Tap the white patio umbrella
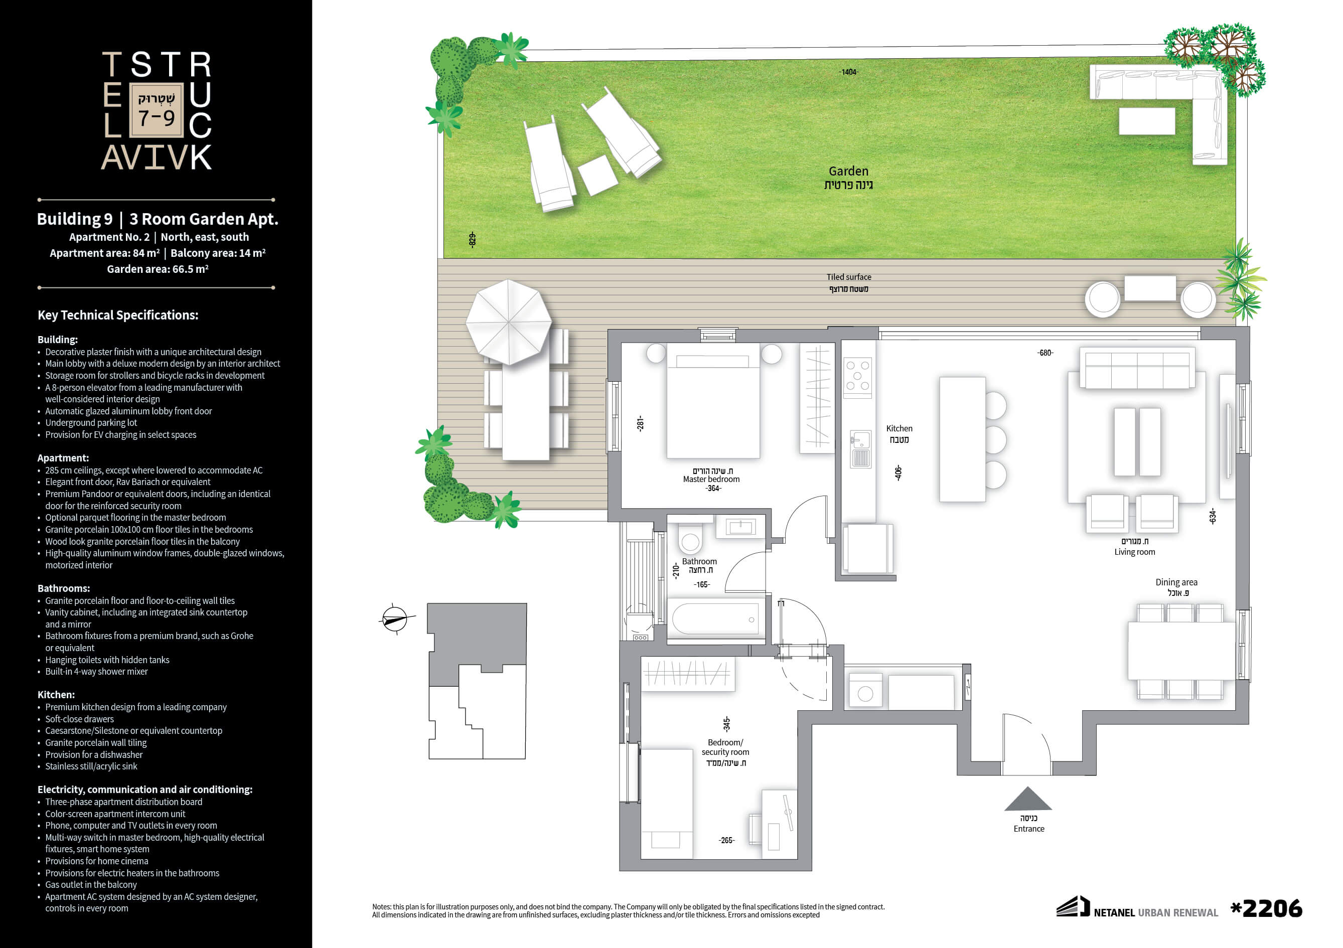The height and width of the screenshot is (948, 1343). pyautogui.click(x=508, y=322)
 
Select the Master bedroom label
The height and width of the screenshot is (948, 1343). pyautogui.click(x=711, y=479)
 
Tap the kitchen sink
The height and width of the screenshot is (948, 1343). pyautogui.click(x=860, y=449)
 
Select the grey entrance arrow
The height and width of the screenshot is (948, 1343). pyautogui.click(x=1028, y=799)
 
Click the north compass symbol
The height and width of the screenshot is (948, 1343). pyautogui.click(x=395, y=618)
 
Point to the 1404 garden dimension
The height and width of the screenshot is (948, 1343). pyautogui.click(x=848, y=72)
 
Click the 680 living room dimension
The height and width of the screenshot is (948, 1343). pyautogui.click(x=1046, y=353)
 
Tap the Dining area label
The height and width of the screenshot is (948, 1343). pyautogui.click(x=1176, y=582)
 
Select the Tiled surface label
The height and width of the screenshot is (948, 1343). pyautogui.click(x=849, y=277)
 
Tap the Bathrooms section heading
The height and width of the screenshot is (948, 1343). pyautogui.click(x=64, y=588)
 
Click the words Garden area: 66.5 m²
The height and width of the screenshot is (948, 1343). pyautogui.click(x=158, y=269)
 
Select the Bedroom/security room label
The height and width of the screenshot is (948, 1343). pyautogui.click(x=725, y=747)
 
